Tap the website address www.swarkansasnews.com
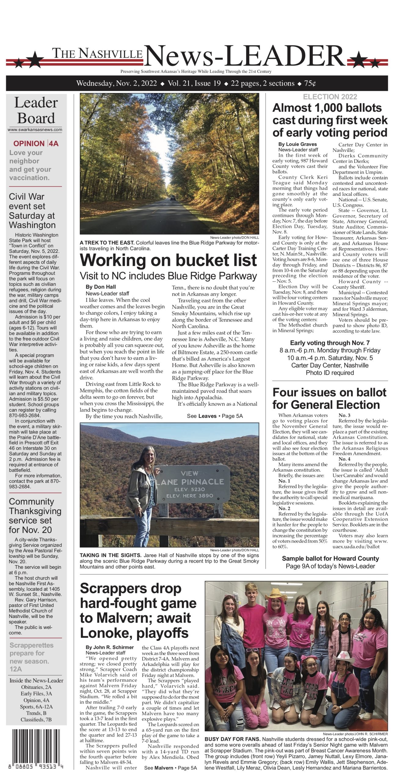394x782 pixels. click(x=35, y=130)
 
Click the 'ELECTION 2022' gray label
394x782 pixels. click(x=330, y=97)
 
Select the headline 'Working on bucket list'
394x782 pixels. click(x=168, y=260)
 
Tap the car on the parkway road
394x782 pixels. click(x=173, y=198)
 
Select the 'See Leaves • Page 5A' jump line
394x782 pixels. click(x=215, y=416)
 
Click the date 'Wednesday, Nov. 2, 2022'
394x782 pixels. click(x=117, y=83)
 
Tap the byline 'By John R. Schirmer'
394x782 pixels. click(x=110, y=647)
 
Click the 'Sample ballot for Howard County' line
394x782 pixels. click(x=330, y=558)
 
